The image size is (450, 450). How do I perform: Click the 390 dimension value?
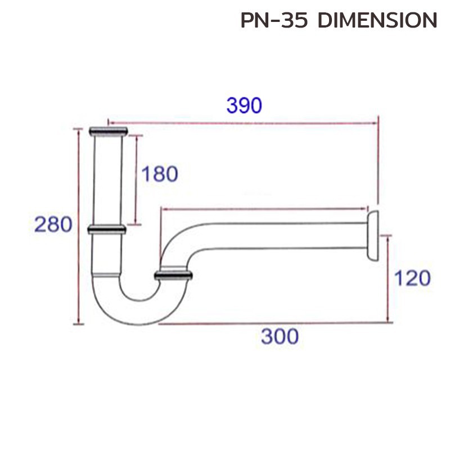244,105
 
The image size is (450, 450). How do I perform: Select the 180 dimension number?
159,174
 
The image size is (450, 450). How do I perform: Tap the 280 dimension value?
53,225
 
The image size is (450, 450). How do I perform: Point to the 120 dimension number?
412,278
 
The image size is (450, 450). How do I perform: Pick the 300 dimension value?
280,337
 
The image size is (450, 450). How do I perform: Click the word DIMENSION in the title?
377,21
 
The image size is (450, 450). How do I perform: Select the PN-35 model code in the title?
276,21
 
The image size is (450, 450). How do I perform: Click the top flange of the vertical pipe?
109,132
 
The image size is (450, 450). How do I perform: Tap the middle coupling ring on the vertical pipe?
106,229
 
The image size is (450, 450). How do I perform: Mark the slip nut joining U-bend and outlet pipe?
174,275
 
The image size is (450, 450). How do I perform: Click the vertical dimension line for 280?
79,225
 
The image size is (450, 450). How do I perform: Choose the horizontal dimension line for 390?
242,121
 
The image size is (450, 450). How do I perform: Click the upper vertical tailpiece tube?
107,180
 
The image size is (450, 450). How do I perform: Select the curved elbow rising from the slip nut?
174,242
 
